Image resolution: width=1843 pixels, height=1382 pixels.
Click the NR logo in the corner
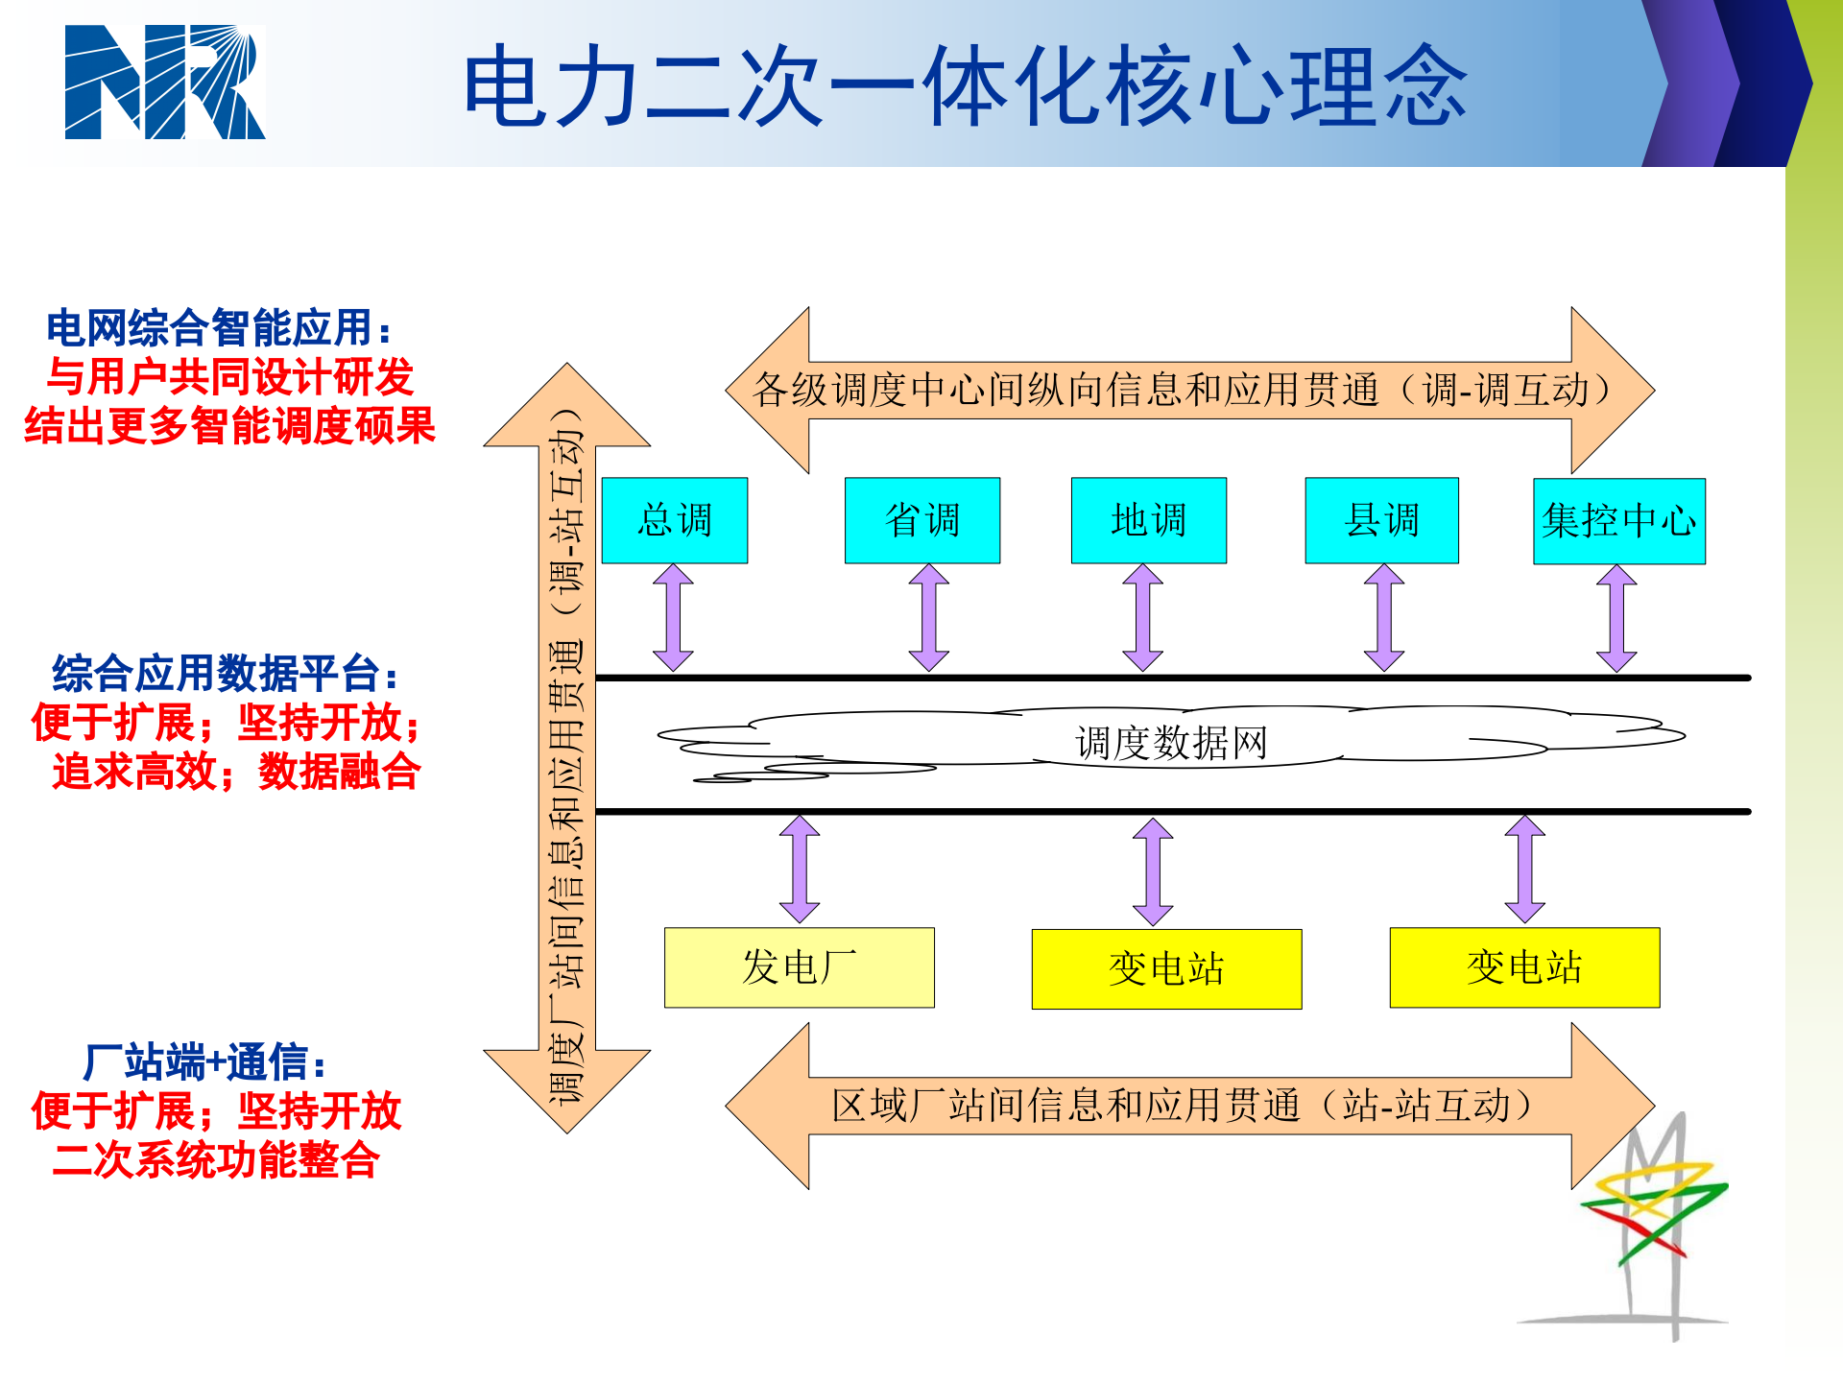[x=164, y=83]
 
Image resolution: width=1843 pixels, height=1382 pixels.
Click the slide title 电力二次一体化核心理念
[x=965, y=86]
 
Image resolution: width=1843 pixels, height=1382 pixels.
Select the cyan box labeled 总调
[x=674, y=520]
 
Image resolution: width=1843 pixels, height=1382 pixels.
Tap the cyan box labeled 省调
[x=921, y=520]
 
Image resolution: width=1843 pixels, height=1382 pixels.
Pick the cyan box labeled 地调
[x=1148, y=520]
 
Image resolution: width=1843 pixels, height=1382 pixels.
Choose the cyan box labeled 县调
[x=1381, y=520]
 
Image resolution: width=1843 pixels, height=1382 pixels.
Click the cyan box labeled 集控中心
[x=1618, y=521]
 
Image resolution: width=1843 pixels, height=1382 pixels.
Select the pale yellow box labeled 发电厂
[x=799, y=967]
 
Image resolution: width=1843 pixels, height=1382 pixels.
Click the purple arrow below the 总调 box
[x=673, y=618]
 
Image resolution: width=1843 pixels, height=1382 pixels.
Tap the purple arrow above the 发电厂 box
[x=799, y=870]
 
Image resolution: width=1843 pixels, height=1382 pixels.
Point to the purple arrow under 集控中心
[x=1616, y=618]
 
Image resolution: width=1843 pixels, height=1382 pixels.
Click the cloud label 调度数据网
[x=1171, y=743]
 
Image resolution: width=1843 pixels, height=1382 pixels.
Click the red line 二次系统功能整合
[x=216, y=1160]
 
